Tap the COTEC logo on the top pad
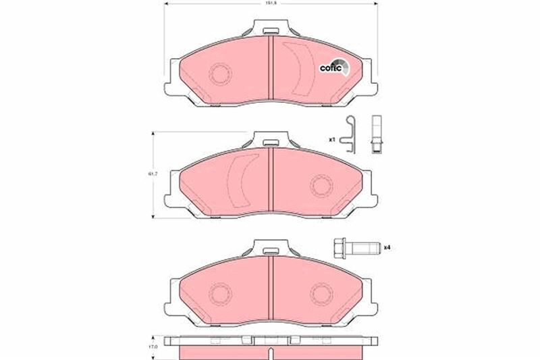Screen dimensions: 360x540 coord(333,67)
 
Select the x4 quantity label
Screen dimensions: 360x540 coord(387,247)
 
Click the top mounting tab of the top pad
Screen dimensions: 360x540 coord(271,29)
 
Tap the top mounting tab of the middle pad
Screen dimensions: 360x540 coord(271,140)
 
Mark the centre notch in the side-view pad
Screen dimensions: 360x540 coord(271,351)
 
